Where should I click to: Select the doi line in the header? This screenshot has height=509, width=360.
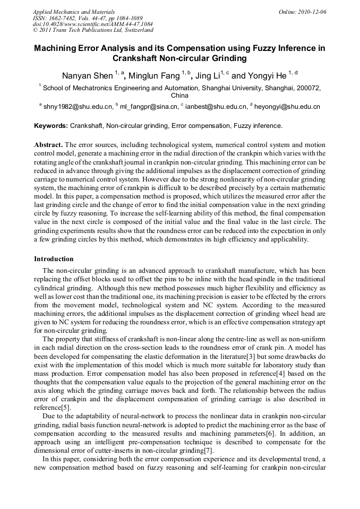pos(93,24)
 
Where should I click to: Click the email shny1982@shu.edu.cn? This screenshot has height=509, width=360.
pos(78,107)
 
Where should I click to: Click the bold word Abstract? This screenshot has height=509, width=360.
pos(49,144)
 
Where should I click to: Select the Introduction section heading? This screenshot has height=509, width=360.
pos(54,259)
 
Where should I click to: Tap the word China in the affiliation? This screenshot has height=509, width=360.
pos(179,96)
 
